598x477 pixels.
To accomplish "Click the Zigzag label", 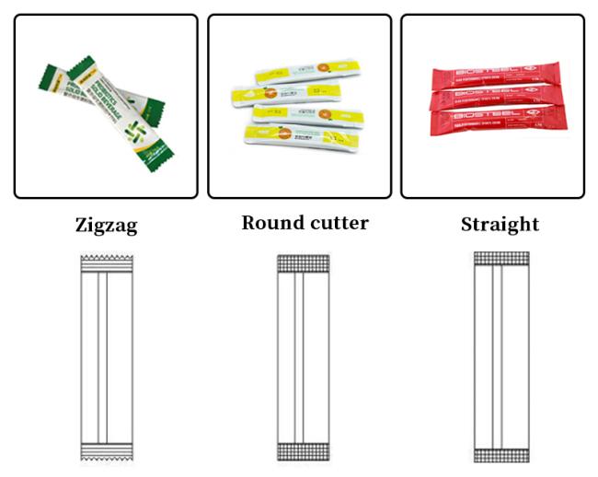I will [106, 225].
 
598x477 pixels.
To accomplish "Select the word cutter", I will [338, 223].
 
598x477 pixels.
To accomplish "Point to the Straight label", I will [500, 225].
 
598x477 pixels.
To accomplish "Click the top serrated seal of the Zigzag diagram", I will [107, 264].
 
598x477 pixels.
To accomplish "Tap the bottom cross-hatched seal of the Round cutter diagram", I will [303, 451].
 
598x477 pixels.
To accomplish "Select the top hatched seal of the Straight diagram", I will [500, 259].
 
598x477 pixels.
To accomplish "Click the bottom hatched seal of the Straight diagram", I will [500, 453].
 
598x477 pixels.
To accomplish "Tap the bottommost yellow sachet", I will [304, 137].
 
